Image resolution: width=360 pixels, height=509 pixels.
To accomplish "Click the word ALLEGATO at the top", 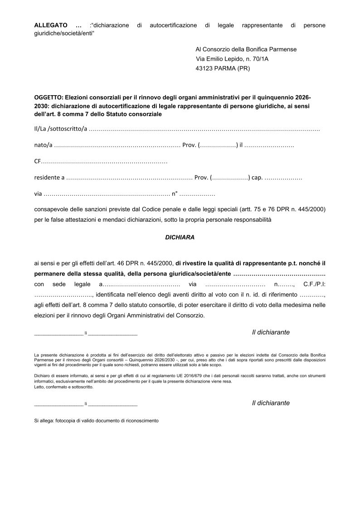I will pos(51,25).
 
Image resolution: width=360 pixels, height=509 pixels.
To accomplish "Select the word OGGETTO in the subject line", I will pos(49,97).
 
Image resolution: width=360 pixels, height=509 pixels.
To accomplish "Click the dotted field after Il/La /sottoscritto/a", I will pos(204,129).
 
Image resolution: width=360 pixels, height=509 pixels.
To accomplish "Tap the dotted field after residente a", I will pos(130,178).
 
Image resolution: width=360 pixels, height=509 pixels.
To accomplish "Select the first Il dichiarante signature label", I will pos(271,332).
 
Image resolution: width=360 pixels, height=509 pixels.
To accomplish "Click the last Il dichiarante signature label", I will pos(271,403).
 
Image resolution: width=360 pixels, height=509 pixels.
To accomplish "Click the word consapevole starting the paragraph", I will pos(51,210).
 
